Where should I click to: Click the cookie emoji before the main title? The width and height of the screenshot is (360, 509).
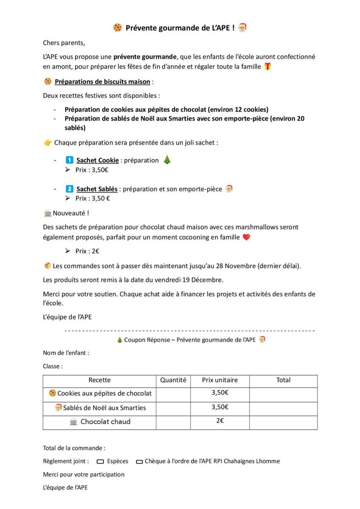tap(118, 28)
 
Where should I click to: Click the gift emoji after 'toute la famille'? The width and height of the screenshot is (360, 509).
tap(267, 67)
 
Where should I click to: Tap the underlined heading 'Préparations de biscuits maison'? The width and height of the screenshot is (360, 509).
tap(102, 81)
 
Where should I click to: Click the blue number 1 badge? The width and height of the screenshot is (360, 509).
tap(70, 160)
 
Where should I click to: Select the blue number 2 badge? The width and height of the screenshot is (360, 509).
tap(70, 189)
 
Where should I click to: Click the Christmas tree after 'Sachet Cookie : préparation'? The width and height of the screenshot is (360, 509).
tap(167, 160)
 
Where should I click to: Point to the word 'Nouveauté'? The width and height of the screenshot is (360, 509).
tap(70, 213)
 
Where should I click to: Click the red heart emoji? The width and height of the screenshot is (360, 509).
tap(246, 238)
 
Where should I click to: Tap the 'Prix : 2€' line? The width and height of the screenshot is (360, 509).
tap(87, 251)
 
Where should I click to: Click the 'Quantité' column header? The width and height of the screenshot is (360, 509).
tap(173, 380)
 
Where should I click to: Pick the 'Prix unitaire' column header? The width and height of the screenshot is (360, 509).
tap(220, 380)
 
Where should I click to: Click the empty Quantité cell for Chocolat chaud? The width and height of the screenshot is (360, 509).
tap(173, 422)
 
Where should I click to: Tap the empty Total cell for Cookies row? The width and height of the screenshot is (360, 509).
tap(283, 394)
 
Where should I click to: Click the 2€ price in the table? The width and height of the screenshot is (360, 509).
tap(220, 421)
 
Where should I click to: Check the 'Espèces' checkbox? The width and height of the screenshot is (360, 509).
tap(101, 461)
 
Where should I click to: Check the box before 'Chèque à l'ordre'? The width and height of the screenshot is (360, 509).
tap(139, 461)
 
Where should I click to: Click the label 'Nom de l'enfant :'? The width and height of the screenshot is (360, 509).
tap(66, 353)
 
